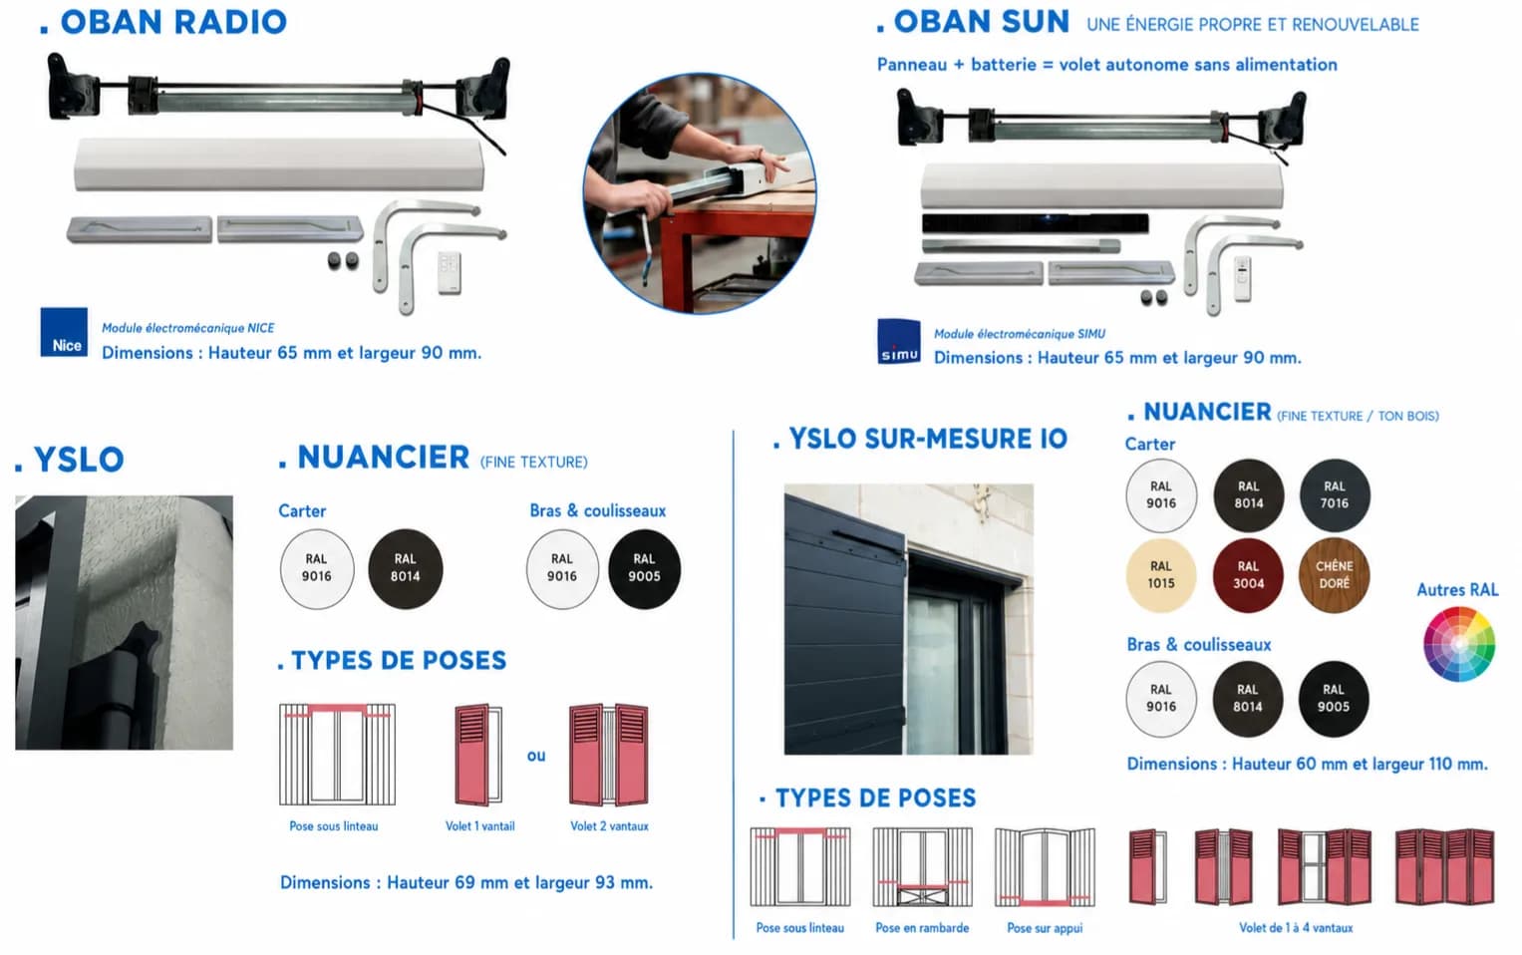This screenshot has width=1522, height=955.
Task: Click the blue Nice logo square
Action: pos(64,332)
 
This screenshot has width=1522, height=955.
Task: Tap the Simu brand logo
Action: pos(899,342)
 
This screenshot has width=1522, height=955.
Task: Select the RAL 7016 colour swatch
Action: pos(1335,494)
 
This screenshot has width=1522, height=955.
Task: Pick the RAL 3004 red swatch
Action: pos(1248,575)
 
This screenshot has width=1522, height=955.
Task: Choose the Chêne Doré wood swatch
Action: pos(1334,575)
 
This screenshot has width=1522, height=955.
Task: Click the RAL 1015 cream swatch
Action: pos(1160,575)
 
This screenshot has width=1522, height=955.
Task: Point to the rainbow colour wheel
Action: pos(1459,644)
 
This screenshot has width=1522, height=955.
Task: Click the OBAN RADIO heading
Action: pos(163,23)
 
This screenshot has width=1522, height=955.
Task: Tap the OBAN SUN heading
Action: pos(973,23)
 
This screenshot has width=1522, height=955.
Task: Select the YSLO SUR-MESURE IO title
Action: pos(921,439)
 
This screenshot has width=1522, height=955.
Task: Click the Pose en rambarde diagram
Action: pos(922,866)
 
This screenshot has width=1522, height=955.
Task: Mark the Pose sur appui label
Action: pos(1045,928)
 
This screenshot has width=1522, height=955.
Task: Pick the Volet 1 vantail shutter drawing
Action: pos(478,755)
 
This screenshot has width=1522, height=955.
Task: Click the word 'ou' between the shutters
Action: pos(536,756)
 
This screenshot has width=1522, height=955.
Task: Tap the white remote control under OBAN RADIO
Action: pos(450,272)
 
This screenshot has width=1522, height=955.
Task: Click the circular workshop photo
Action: pos(700,193)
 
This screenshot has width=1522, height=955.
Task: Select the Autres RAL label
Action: pos(1457,590)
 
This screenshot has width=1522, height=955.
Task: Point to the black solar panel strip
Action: pos(1035,223)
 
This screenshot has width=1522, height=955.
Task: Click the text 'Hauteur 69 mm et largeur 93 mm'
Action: pos(519,882)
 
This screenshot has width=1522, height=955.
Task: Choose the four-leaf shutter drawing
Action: pos(1444,866)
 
